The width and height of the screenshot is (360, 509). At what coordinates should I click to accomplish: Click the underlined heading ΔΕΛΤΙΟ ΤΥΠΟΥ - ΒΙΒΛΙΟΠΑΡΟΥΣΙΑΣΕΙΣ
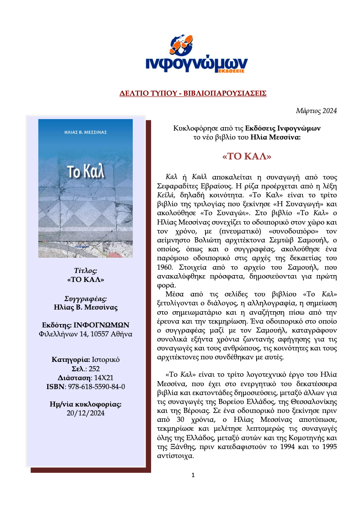(192, 93)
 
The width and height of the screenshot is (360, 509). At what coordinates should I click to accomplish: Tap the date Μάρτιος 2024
(316, 111)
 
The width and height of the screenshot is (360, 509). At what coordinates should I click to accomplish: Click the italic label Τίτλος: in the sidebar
(86, 271)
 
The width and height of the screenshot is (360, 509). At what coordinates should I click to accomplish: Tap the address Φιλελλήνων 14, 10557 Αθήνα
(86, 334)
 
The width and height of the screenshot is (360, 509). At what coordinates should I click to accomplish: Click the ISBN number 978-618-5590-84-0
(94, 387)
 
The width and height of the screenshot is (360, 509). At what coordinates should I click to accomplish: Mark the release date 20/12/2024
(86, 413)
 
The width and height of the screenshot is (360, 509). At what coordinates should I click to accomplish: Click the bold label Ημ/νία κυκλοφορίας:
(86, 404)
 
